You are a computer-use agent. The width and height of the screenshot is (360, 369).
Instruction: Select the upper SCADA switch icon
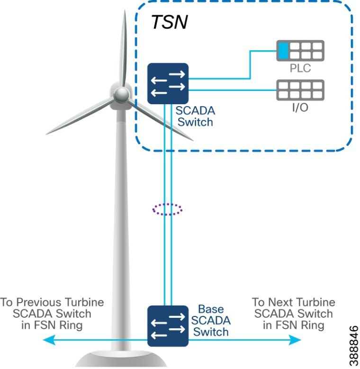[168, 83]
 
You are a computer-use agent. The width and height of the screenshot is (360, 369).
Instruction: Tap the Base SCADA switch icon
[168, 325]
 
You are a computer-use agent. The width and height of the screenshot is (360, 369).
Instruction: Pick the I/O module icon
[300, 90]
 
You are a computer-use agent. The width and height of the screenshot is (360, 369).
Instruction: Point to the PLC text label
[300, 68]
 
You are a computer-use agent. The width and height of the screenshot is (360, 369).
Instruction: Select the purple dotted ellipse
[167, 208]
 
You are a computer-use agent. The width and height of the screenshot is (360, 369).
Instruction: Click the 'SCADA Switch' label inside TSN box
[194, 116]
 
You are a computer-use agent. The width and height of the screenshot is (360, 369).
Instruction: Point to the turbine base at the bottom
[114, 360]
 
